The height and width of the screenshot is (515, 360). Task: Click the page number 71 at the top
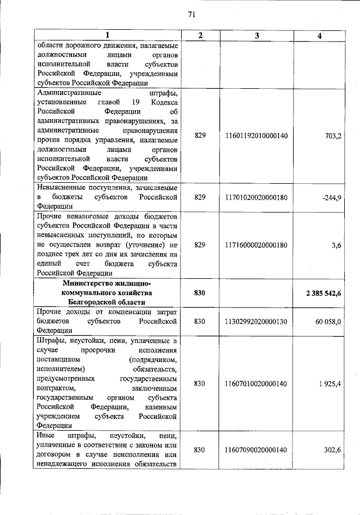pyautogui.click(x=191, y=15)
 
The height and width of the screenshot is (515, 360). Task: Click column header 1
pyautogui.click(x=107, y=36)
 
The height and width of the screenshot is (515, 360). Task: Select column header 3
pyautogui.click(x=256, y=36)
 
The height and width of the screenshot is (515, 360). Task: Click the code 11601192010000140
pyautogui.click(x=256, y=135)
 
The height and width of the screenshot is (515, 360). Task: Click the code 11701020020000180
pyautogui.click(x=256, y=197)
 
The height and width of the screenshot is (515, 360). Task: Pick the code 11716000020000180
pyautogui.click(x=256, y=245)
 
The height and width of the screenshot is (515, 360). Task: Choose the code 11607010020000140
pyautogui.click(x=256, y=383)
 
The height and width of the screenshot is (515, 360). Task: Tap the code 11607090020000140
pyautogui.click(x=256, y=450)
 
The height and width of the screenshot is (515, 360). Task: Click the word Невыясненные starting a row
pyautogui.click(x=63, y=188)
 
